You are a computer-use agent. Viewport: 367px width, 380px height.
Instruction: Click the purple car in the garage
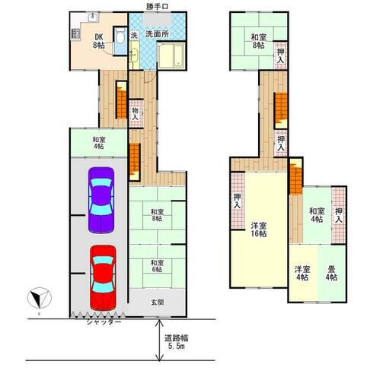coord(101,200)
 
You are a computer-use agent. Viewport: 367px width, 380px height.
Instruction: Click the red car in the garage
coord(103,277)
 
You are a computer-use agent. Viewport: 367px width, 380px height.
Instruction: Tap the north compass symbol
coord(40,299)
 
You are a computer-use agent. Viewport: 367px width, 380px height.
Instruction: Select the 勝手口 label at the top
coord(157,7)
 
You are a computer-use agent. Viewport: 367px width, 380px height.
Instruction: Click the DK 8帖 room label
coord(98,41)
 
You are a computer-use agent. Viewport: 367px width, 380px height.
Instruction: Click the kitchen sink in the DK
coord(92,17)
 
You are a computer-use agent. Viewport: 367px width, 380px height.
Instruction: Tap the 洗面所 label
coord(157,34)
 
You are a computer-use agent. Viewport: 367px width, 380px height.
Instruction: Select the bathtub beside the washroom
coord(171,55)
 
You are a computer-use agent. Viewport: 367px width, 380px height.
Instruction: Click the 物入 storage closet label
coord(135,114)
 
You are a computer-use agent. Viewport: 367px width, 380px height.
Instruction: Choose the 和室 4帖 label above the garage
coord(99,143)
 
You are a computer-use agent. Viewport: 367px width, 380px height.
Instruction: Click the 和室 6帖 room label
coord(157,266)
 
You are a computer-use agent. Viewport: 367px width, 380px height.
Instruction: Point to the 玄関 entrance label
coord(157,302)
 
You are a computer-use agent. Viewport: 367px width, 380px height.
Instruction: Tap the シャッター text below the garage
coord(104,321)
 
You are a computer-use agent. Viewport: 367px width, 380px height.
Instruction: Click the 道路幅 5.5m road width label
coord(176,342)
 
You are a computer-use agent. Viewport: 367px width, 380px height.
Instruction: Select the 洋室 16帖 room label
coord(259,230)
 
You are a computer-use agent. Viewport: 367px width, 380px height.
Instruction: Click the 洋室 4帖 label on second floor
coord(302,274)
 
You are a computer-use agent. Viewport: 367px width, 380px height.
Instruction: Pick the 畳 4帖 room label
coord(331,274)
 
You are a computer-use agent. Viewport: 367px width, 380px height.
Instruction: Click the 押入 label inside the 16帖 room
coord(237,201)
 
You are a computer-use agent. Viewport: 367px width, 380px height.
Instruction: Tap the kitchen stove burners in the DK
coord(75,34)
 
